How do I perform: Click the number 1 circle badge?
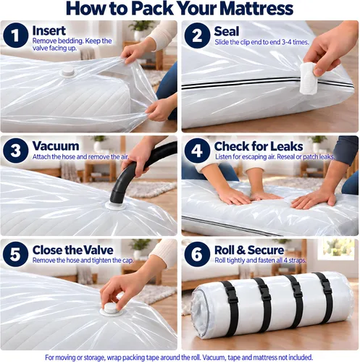(x=16, y=35)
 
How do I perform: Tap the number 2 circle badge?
(x=197, y=35)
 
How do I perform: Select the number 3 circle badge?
(x=16, y=151)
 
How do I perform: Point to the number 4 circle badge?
(x=197, y=151)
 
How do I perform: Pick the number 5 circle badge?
(x=16, y=254)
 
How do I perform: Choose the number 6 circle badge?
(x=197, y=254)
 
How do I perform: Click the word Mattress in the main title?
(x=256, y=9)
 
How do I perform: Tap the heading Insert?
(x=49, y=30)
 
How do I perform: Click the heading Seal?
(x=227, y=31)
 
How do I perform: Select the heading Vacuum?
(x=56, y=146)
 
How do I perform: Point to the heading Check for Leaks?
(x=259, y=146)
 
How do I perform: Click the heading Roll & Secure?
(x=249, y=250)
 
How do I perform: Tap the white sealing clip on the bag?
(x=308, y=78)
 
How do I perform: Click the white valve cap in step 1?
(x=67, y=71)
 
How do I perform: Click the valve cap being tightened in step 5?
(x=112, y=309)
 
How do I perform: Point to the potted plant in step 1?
(x=141, y=30)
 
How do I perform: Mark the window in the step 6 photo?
(x=339, y=248)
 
